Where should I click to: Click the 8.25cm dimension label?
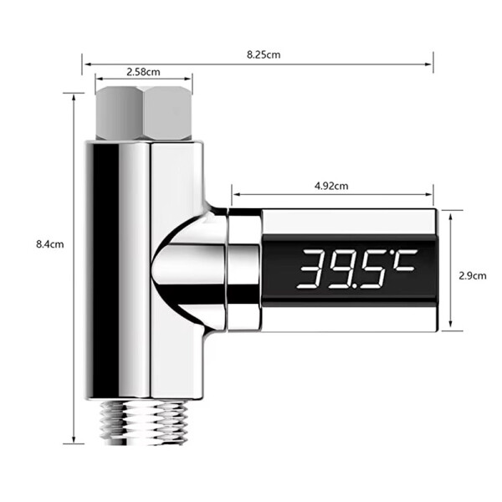tap(263, 54)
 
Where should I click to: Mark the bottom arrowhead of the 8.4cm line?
tap(74, 442)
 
